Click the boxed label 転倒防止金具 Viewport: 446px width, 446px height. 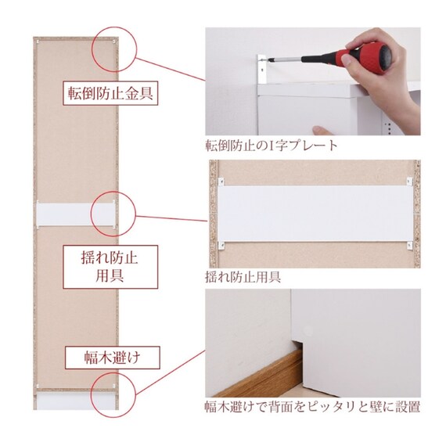click(x=110, y=93)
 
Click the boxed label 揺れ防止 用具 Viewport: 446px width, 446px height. click(x=110, y=267)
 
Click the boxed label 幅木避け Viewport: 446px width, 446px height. click(x=113, y=358)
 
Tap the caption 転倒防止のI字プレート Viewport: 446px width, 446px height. click(x=271, y=146)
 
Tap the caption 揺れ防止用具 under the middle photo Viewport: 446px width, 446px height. click(x=243, y=277)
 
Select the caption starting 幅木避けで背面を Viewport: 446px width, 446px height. click(x=312, y=407)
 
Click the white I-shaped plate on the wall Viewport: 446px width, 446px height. click(x=261, y=69)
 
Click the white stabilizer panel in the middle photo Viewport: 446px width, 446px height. click(x=315, y=214)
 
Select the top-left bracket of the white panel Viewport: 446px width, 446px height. click(x=221, y=182)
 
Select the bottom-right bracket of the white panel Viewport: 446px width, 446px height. click(x=409, y=245)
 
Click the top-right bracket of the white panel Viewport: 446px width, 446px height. click(x=409, y=182)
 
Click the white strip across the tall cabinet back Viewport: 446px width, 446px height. click(x=76, y=214)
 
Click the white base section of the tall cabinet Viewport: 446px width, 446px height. click(x=76, y=401)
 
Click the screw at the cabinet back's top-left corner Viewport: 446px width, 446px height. click(x=38, y=41)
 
